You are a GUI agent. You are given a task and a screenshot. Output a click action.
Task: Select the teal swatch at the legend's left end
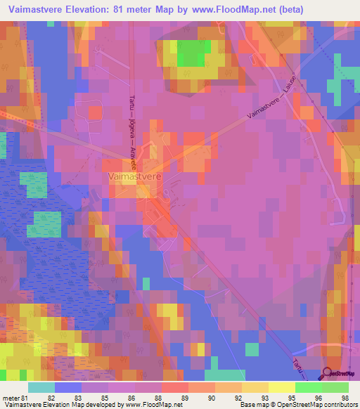point(41,387)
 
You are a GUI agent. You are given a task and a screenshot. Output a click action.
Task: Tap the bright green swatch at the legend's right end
point(335,387)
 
